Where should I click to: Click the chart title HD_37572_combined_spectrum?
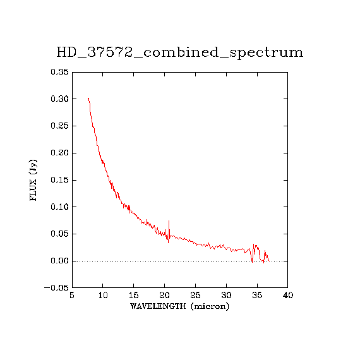point(180,52)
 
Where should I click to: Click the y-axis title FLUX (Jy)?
point(33,180)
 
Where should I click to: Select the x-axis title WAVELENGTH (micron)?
point(179,306)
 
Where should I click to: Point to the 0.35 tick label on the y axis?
point(60,72)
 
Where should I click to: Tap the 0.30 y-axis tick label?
point(60,99)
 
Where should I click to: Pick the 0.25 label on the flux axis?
point(60,126)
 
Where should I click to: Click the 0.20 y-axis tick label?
point(60,153)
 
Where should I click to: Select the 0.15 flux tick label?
point(60,180)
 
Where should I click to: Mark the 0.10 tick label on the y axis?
point(60,207)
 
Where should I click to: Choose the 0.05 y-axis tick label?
point(60,234)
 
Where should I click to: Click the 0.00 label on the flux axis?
point(60,261)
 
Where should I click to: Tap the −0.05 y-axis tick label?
point(56,288)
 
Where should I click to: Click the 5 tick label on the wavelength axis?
point(72,295)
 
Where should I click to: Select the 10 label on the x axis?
point(103,295)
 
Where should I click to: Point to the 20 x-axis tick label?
point(164,295)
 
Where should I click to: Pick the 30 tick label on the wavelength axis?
point(226,295)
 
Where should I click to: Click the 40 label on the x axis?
point(288,295)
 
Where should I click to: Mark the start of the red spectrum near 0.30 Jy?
point(88,98)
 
